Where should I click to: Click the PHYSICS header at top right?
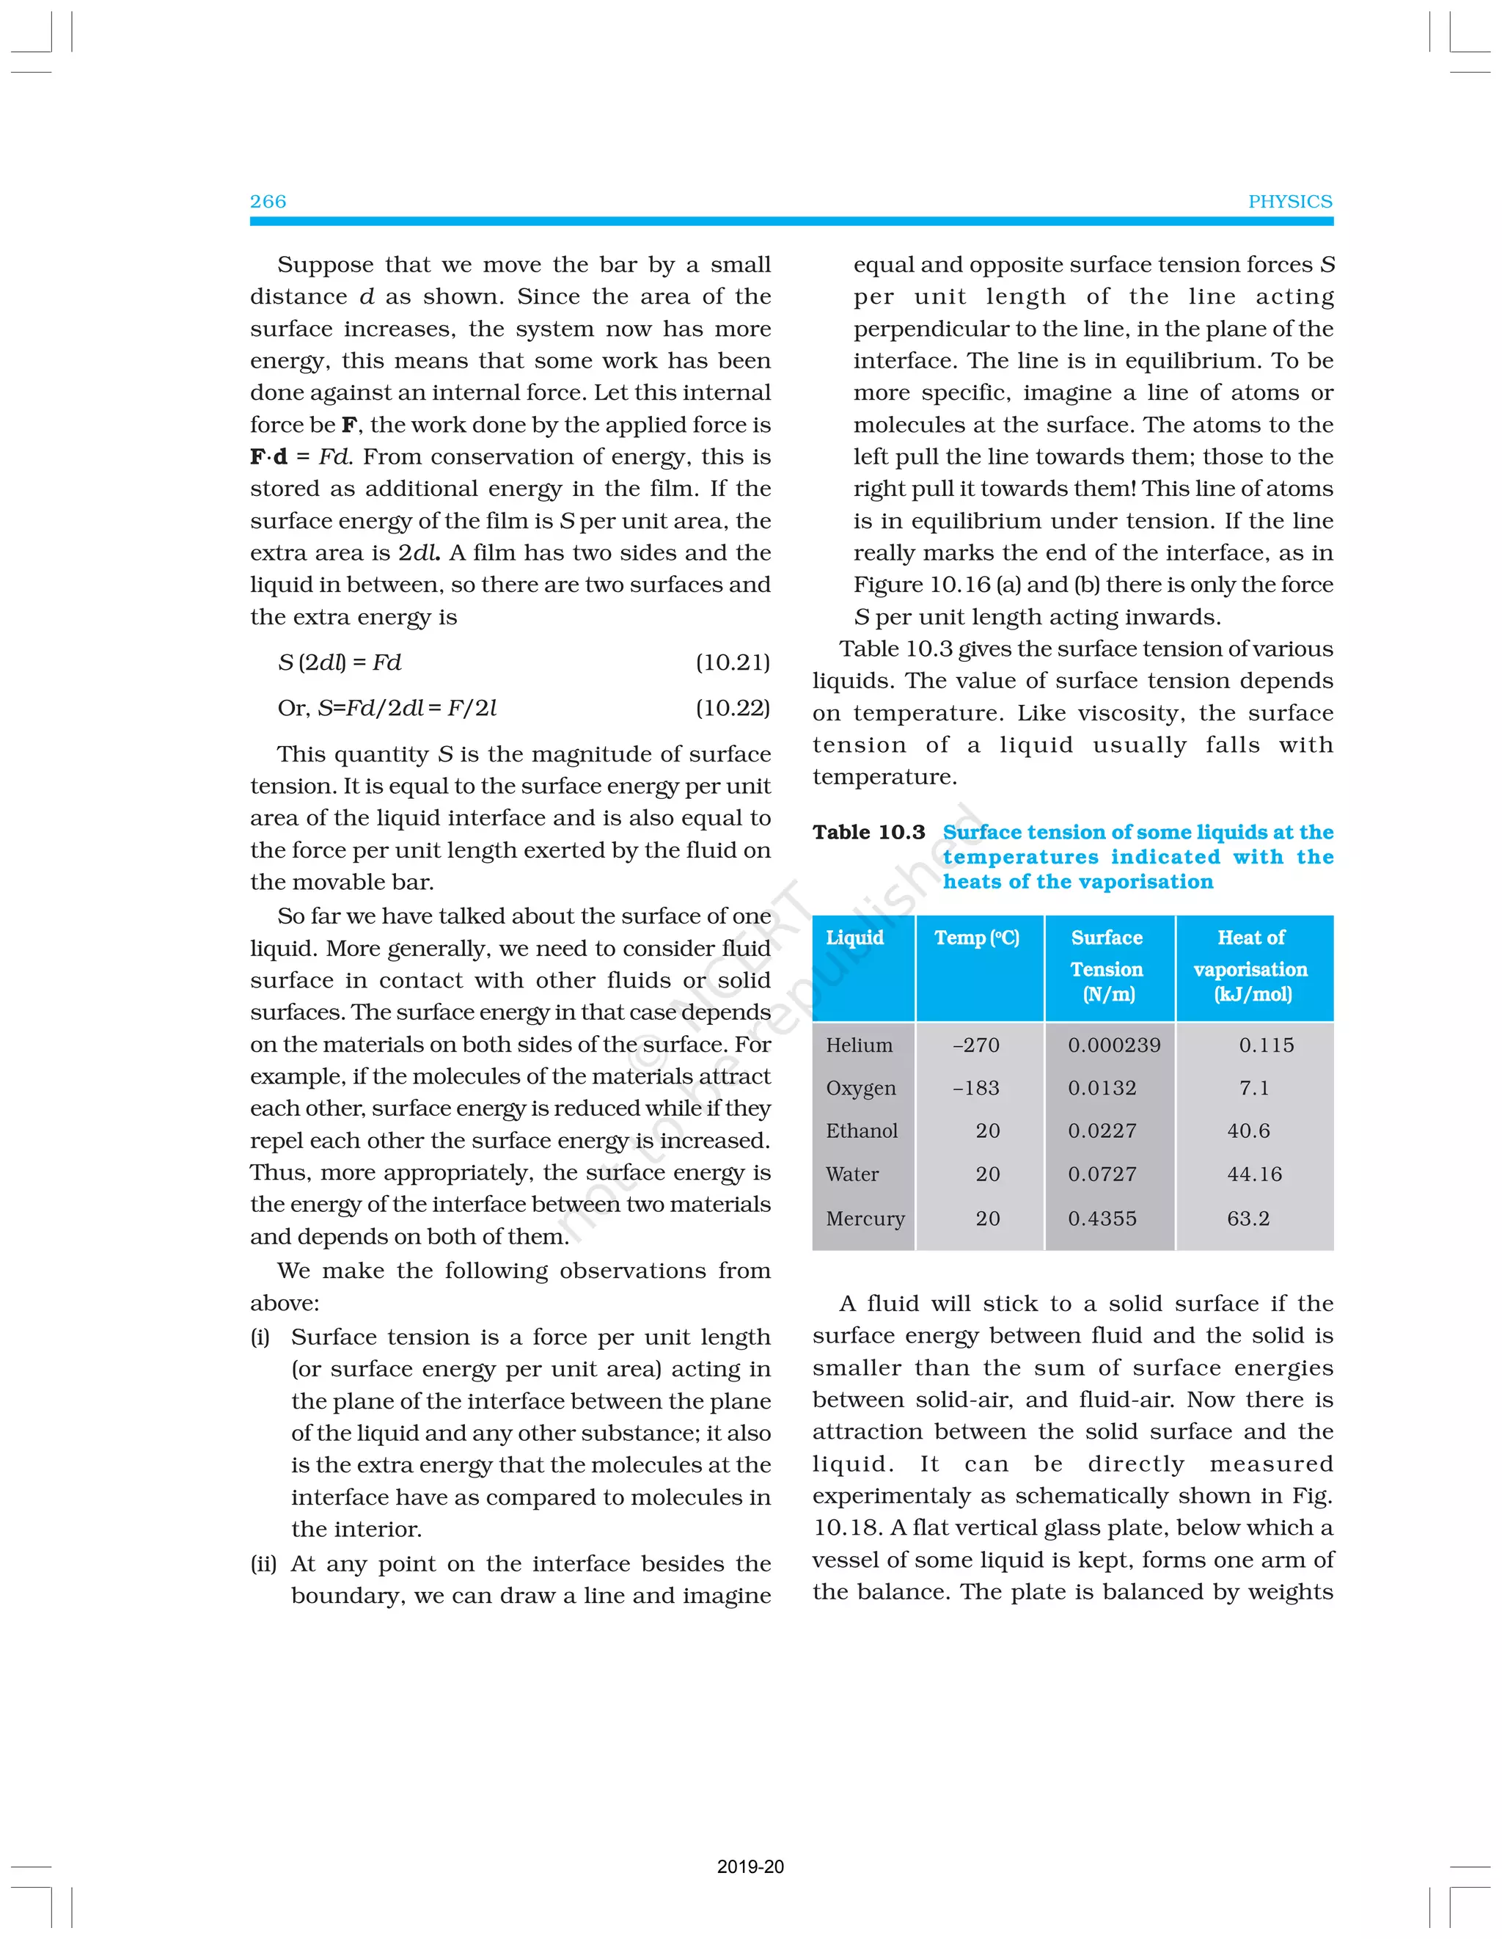pos(1289,202)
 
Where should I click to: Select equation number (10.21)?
pos(733,662)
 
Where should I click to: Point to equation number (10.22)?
pos(733,708)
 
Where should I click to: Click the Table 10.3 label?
pos(868,832)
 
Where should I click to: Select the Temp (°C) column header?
pos(976,938)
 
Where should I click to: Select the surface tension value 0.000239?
pos(1113,1045)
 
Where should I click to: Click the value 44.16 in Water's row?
pos(1253,1174)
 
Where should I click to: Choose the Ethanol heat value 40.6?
pos(1248,1131)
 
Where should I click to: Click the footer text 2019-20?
pos(750,1866)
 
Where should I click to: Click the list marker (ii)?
pos(263,1563)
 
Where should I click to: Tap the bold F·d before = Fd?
pos(268,456)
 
